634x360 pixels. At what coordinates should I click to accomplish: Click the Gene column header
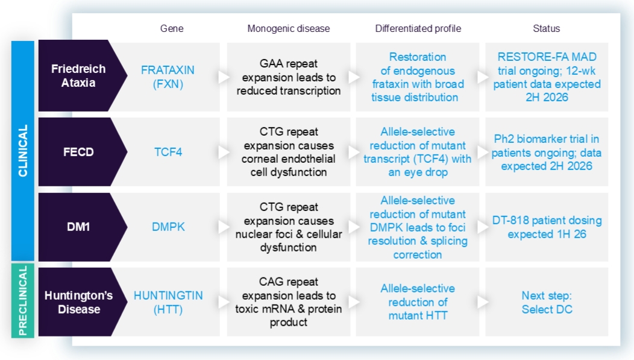172,28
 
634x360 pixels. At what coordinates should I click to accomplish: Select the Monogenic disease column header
289,28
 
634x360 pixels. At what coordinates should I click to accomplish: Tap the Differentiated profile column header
418,28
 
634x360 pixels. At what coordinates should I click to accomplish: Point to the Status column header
546,28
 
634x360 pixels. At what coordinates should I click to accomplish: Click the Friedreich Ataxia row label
78,76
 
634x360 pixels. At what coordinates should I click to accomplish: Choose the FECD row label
78,152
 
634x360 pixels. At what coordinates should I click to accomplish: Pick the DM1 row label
78,227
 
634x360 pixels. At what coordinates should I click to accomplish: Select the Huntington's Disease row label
78,302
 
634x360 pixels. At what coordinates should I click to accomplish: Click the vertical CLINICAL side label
23,151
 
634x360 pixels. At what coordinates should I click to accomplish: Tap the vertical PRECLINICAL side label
23,300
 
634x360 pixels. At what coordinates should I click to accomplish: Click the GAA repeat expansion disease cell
289,77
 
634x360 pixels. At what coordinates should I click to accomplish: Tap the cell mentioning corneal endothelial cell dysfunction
289,152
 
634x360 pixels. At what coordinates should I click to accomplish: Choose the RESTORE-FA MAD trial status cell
547,77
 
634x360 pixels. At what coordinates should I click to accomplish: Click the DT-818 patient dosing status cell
547,227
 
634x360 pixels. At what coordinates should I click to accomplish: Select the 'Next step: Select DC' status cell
547,302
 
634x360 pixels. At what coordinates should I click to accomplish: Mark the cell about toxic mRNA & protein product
289,302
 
